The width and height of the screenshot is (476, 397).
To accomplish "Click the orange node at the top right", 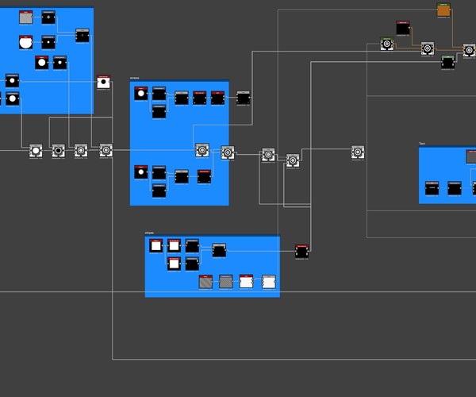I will (x=443, y=10).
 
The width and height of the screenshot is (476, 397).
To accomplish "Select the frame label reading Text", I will (x=422, y=144).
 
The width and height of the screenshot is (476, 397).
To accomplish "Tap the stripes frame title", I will (x=149, y=233).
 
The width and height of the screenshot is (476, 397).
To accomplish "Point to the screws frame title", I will (x=134, y=78).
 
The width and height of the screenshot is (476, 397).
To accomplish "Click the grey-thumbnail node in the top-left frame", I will (x=25, y=17).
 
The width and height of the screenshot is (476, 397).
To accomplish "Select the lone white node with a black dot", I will (x=103, y=82).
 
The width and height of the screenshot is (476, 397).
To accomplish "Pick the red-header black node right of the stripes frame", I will (x=301, y=252).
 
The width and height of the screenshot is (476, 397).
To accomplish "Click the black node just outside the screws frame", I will (x=244, y=98).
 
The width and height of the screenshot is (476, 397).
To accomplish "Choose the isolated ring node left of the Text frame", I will (x=358, y=152).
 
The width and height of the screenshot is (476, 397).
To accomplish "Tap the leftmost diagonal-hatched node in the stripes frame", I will (x=206, y=281).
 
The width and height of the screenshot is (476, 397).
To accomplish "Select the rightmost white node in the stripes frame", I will (x=268, y=281).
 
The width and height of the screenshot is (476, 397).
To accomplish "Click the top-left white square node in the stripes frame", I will (x=156, y=246).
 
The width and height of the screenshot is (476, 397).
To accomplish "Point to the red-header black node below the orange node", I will (x=402, y=28).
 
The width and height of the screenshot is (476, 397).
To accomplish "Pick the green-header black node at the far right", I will (x=448, y=62).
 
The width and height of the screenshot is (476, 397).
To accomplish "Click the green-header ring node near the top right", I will (x=386, y=44).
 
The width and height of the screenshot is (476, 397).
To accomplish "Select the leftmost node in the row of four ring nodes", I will (x=35, y=150).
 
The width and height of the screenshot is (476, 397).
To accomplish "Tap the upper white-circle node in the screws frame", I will (x=140, y=94).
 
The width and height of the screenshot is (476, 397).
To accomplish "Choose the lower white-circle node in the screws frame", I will (x=140, y=172).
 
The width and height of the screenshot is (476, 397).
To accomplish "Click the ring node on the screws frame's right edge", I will (x=227, y=152).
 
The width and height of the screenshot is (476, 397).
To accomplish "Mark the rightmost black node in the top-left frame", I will (x=83, y=35).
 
